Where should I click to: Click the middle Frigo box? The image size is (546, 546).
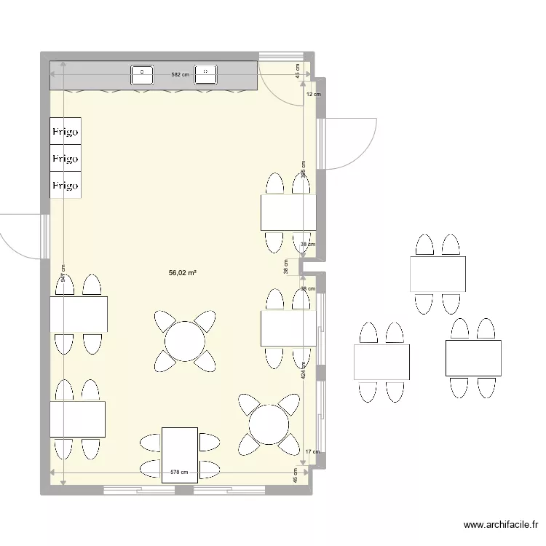(x=65, y=158)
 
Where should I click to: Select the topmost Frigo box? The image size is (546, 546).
(x=65, y=131)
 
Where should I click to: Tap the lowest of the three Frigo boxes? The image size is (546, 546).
(x=65, y=185)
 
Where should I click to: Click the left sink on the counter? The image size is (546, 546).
(x=142, y=74)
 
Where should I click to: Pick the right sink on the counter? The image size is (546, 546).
(x=206, y=74)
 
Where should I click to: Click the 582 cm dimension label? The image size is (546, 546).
(x=180, y=74)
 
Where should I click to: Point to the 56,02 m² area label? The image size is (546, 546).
(x=183, y=273)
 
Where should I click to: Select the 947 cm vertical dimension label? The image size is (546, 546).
(x=63, y=273)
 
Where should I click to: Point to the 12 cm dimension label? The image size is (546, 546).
(x=313, y=95)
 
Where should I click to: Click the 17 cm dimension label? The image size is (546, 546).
(x=312, y=452)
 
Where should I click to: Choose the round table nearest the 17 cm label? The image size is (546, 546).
(x=269, y=423)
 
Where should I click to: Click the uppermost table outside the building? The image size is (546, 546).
(x=437, y=274)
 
